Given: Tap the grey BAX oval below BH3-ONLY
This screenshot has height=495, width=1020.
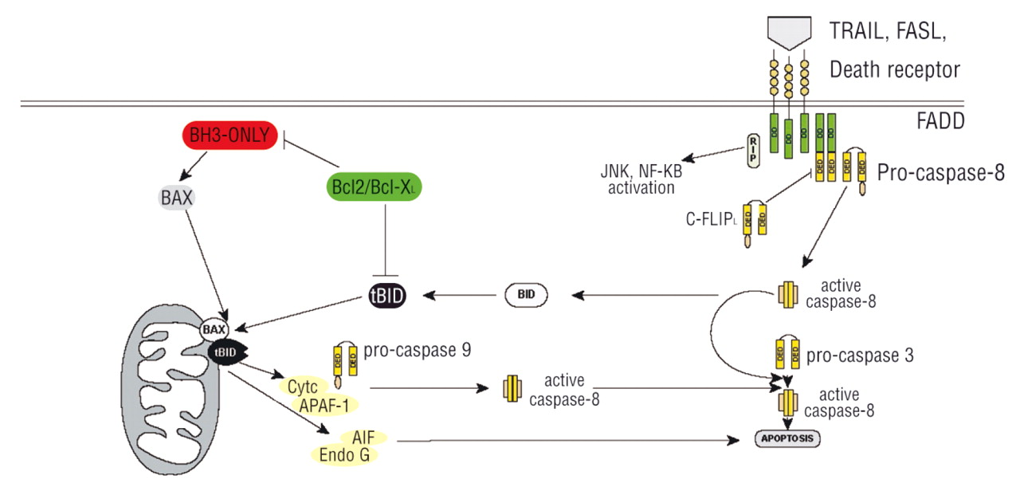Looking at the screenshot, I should [177, 198].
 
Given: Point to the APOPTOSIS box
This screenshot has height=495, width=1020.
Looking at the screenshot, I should [787, 438].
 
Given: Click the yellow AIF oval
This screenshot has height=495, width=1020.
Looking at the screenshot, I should [363, 437].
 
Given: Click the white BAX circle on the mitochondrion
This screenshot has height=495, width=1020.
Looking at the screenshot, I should [213, 328].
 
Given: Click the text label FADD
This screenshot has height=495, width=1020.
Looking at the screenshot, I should [940, 122].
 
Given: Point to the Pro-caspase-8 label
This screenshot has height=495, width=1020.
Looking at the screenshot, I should [939, 172].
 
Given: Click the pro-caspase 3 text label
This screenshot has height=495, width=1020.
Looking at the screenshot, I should [859, 356].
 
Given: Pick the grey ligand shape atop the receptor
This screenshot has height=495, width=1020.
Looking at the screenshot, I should [787, 33].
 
